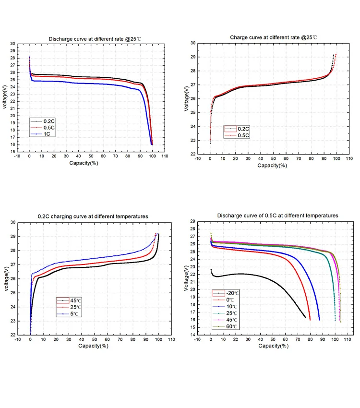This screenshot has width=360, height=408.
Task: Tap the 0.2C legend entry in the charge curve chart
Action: (240, 129)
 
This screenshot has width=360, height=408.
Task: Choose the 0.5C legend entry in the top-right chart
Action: (240, 135)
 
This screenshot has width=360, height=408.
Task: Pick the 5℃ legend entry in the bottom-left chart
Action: (72, 313)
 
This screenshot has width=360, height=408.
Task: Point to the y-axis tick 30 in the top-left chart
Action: (12, 43)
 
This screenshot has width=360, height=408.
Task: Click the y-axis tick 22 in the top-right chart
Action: (192, 154)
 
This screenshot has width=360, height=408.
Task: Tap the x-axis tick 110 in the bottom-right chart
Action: (348, 339)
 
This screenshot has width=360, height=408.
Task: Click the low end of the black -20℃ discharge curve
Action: (305, 317)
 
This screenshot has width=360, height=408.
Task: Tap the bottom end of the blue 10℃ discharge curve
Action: (319, 320)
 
